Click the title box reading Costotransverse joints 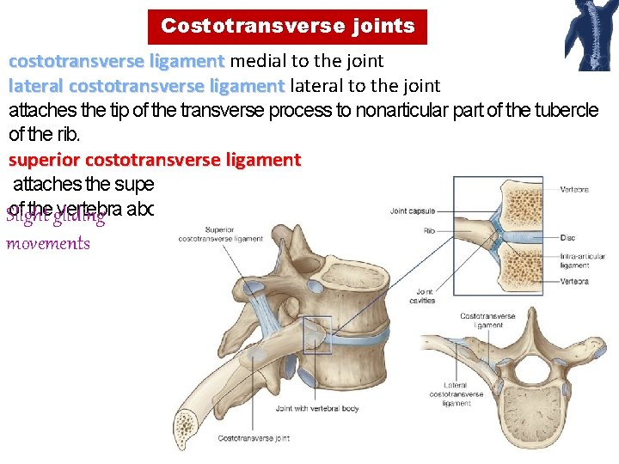(x=287, y=27)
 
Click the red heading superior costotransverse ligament (x=155, y=160)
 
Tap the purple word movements (x=48, y=242)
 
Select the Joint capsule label (x=413, y=210)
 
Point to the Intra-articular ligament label (x=575, y=259)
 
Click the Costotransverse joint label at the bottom (x=254, y=439)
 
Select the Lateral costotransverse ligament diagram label (x=456, y=394)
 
